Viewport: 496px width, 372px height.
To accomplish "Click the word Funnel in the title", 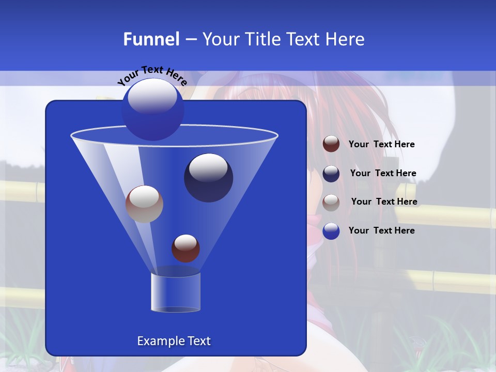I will (x=151, y=39).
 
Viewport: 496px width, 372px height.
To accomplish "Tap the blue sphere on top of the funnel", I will (x=152, y=110).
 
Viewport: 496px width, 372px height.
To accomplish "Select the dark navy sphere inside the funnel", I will (x=208, y=178).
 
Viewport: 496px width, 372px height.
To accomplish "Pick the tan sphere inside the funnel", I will (x=144, y=204).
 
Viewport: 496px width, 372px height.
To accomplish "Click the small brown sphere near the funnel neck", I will (x=185, y=248).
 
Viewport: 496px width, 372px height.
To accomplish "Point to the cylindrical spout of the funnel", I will (x=176, y=292).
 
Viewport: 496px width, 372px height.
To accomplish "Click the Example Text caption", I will (x=174, y=341).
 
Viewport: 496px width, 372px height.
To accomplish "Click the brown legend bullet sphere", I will (x=331, y=144).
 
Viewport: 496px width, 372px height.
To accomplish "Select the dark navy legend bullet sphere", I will (x=331, y=174).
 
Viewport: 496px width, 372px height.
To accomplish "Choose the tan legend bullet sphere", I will (x=331, y=203).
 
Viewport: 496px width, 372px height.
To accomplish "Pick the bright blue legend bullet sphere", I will (x=331, y=231).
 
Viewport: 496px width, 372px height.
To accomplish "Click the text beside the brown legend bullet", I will (x=381, y=145).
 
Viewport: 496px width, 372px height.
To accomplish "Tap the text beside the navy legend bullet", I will (x=383, y=174).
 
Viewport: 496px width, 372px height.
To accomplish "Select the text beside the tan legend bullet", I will (x=384, y=202).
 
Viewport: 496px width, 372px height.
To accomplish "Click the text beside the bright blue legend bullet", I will (x=381, y=230).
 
